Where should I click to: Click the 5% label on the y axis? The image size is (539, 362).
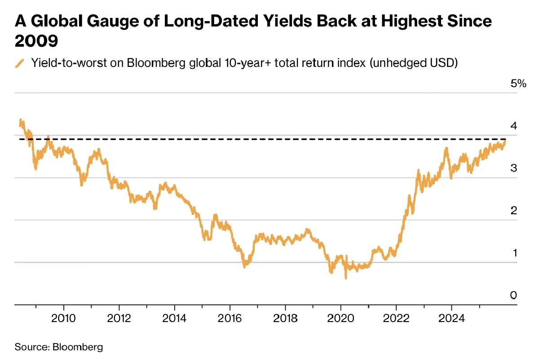(x=518, y=84)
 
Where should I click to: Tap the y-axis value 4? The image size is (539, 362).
(x=514, y=126)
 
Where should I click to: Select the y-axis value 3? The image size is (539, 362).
(x=514, y=168)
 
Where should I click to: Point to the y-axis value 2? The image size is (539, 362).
(x=514, y=210)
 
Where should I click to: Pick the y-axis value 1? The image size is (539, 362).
(x=514, y=252)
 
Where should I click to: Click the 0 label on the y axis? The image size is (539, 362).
(x=514, y=295)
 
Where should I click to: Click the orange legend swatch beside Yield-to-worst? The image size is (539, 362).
(x=19, y=64)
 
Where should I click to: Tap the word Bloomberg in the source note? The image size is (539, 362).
(x=78, y=347)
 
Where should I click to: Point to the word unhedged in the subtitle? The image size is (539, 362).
(x=393, y=64)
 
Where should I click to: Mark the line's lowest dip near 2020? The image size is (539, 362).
(x=346, y=278)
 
